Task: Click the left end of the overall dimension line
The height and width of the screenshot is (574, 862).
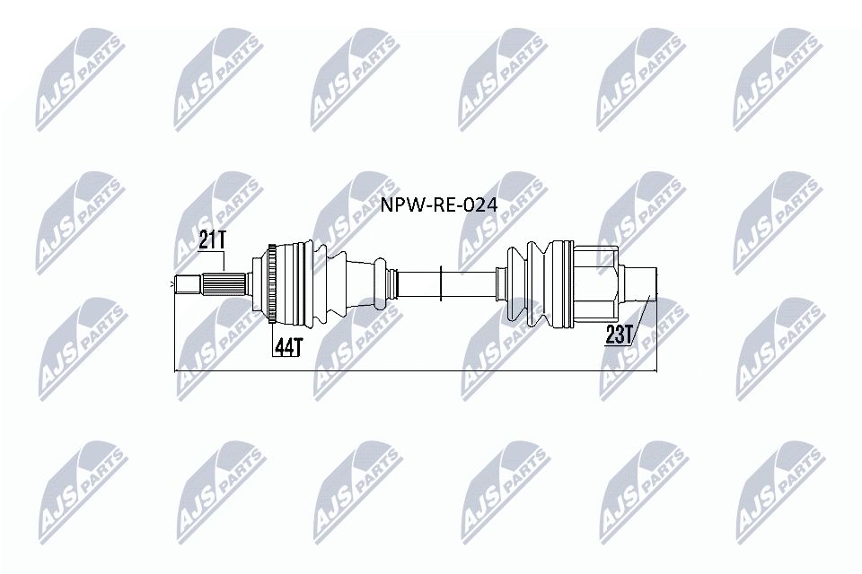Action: click(x=173, y=369)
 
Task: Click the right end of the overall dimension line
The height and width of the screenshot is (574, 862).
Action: click(x=656, y=369)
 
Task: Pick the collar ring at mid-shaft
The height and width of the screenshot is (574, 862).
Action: click(x=441, y=281)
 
